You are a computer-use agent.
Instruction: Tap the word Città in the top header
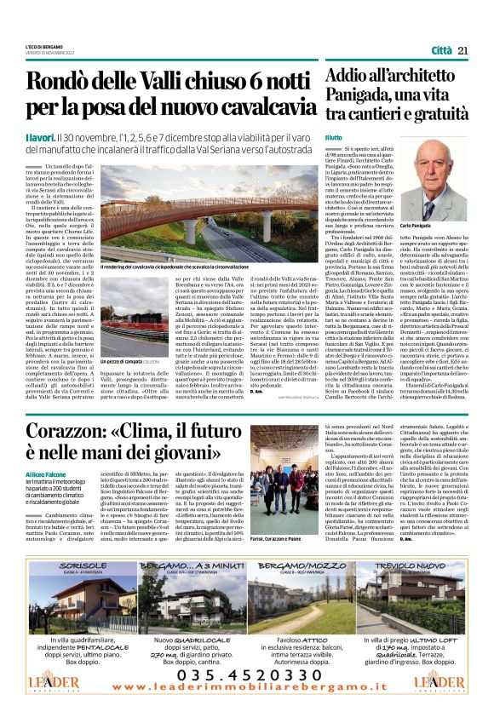click(x=442, y=51)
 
